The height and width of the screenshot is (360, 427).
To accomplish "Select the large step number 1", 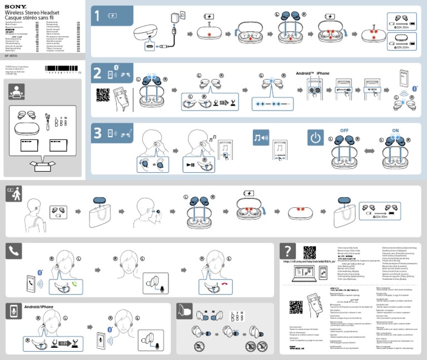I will pyautogui.click(x=98, y=17).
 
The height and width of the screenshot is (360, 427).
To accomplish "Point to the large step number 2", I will pyautogui.click(x=98, y=74).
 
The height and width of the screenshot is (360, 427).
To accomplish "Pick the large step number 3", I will pyautogui.click(x=98, y=133).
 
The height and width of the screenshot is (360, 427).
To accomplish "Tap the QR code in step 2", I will pyautogui.click(x=103, y=94).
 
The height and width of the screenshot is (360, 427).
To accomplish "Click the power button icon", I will pyautogui.click(x=315, y=138).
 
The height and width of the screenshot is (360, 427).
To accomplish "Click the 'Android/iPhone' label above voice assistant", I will pyautogui.click(x=39, y=307).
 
